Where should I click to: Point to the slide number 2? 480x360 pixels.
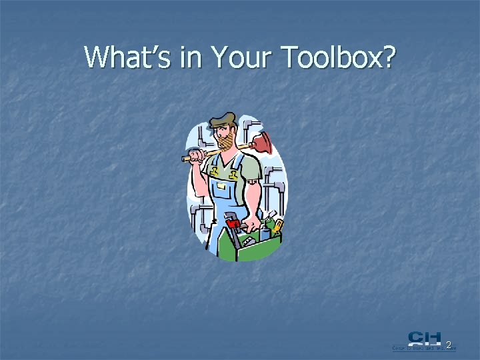tap(449, 345)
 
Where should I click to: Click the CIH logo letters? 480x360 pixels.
tap(425, 339)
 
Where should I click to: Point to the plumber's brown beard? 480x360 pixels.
tap(225, 143)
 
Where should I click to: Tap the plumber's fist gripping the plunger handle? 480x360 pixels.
tap(196, 157)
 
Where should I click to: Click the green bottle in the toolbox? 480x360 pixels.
tap(269, 220)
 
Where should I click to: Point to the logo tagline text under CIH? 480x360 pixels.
tap(423, 348)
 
